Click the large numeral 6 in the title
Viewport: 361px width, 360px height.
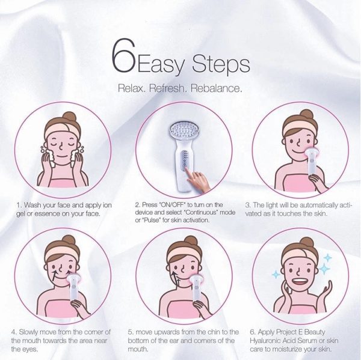(123, 55)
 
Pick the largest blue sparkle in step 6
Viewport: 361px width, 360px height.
(325, 268)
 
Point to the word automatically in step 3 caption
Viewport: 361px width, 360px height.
(319, 205)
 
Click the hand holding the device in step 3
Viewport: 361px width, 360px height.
(318, 182)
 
